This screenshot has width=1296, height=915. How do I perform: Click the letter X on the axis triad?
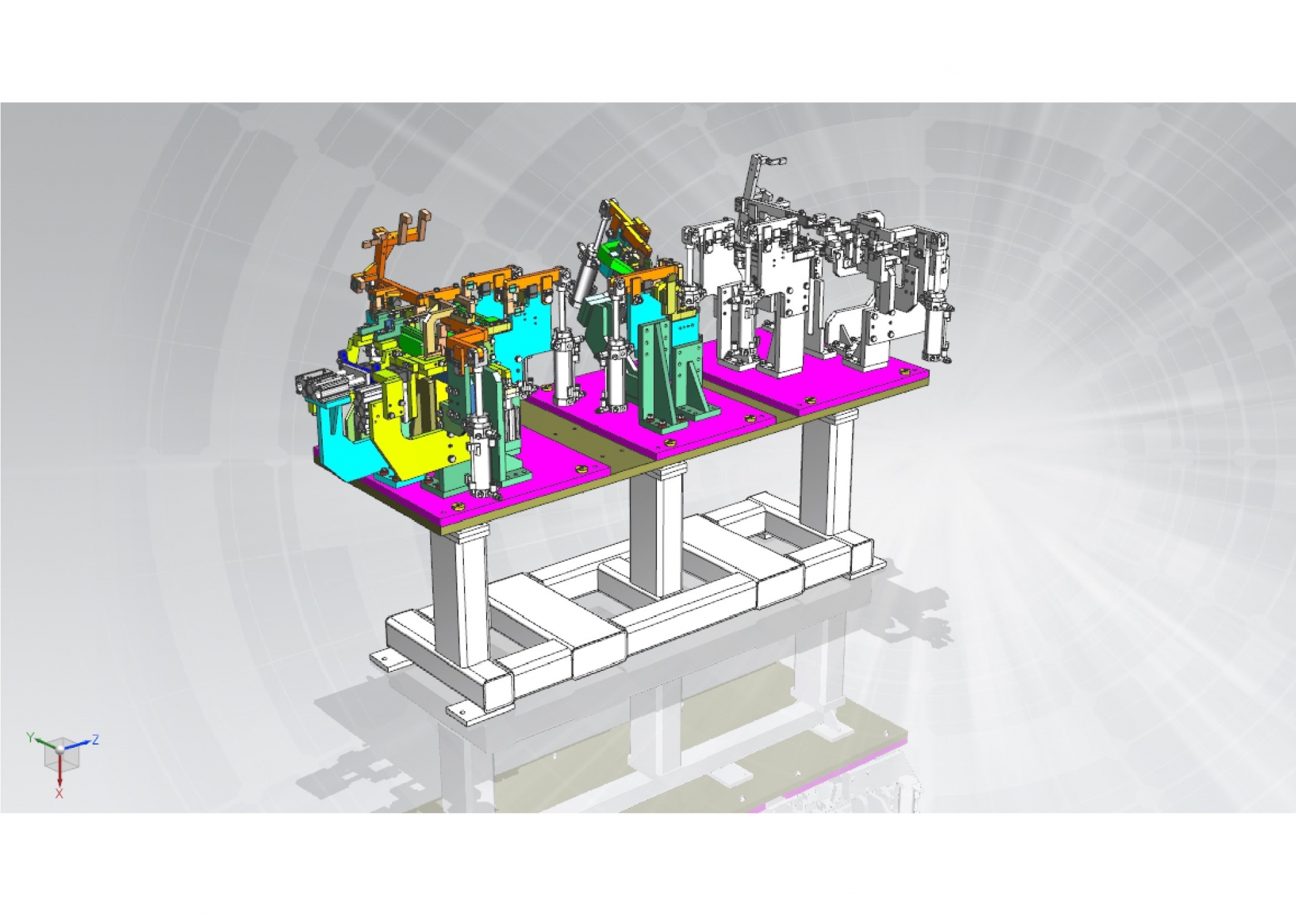(x=59, y=793)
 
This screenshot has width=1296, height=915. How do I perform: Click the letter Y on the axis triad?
(x=30, y=737)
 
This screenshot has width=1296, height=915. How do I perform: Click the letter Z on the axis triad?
(x=95, y=739)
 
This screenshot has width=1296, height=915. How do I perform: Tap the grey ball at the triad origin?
(x=60, y=749)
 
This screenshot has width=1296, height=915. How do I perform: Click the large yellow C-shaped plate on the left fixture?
(x=415, y=447)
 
